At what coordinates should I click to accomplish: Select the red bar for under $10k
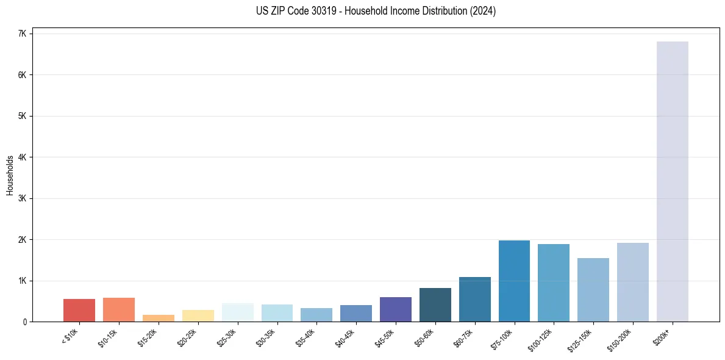point(79,310)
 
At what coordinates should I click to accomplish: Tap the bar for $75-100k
point(514,281)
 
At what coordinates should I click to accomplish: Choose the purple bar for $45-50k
point(396,309)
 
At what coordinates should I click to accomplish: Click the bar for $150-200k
point(632,282)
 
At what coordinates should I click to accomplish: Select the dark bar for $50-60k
point(435,304)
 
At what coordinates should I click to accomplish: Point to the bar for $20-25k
point(198,315)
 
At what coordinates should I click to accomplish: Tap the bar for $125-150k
point(593,290)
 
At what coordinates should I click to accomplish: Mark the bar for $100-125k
point(554,283)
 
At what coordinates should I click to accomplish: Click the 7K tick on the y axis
point(22,34)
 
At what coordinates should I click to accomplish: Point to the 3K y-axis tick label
point(22,198)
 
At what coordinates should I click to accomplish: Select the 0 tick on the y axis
point(24,322)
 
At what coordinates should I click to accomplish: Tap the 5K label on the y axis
point(22,116)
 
